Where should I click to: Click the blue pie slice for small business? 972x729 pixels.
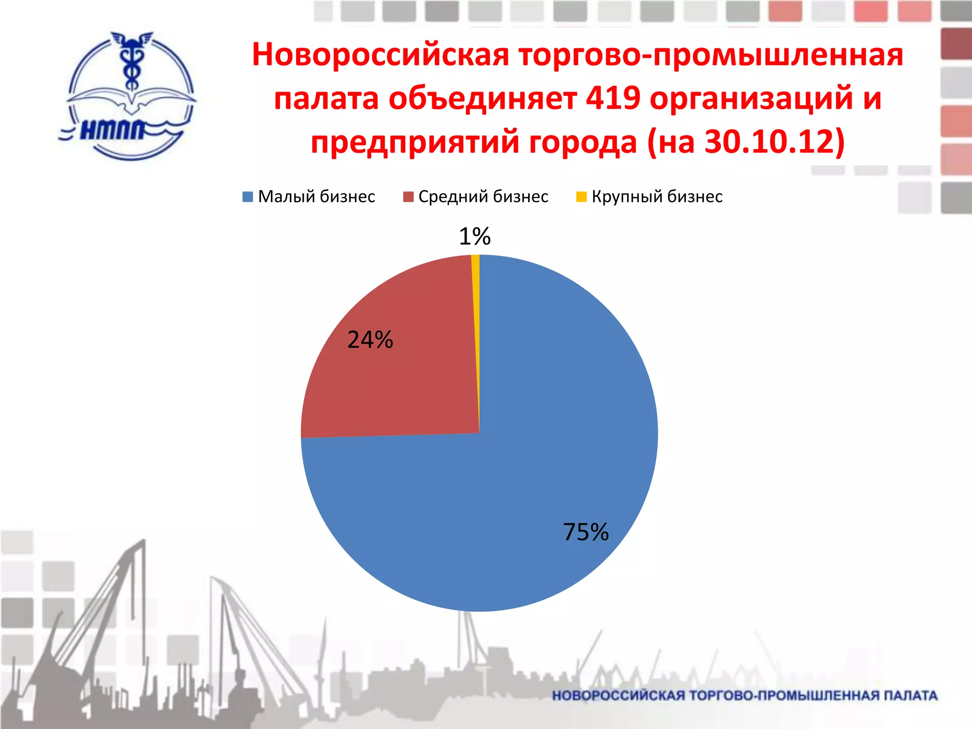click(546, 451)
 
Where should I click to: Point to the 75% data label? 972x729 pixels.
click(586, 532)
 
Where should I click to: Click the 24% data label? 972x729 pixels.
click(370, 340)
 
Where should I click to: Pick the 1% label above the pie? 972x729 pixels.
click(475, 236)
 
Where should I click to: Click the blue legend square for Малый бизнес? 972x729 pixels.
click(248, 197)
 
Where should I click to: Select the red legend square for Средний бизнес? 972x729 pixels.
click(408, 197)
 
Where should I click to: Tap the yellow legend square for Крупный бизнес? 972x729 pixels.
click(581, 197)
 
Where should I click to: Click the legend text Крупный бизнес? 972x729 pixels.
click(657, 196)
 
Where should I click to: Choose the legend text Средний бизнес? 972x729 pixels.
click(483, 196)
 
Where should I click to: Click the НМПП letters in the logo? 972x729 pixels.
click(112, 130)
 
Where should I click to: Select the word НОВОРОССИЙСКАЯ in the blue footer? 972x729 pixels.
click(619, 696)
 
